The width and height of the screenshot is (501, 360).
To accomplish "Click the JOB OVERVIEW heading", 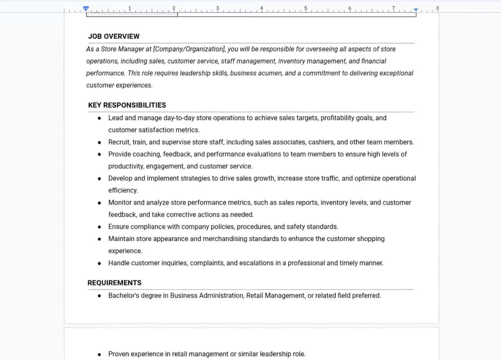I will pyautogui.click(x=114, y=36).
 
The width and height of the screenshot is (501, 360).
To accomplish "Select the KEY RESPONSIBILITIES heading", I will pyautogui.click(x=127, y=105).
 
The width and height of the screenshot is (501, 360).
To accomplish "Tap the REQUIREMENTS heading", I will pyautogui.click(x=114, y=283).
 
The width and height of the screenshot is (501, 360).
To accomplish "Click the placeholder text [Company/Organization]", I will pyautogui.click(x=189, y=49).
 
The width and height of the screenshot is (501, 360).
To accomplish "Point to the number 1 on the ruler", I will pyautogui.click(x=130, y=8).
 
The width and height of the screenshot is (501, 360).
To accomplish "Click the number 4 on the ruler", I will pyautogui.click(x=261, y=8).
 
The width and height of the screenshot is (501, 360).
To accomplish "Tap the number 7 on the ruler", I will pyautogui.click(x=393, y=8).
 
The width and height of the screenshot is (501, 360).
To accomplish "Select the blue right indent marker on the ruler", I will pyautogui.click(x=416, y=9).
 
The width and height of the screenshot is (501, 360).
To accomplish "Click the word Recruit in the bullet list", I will pyautogui.click(x=119, y=142).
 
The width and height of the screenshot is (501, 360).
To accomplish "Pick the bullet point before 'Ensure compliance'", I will pyautogui.click(x=99, y=227).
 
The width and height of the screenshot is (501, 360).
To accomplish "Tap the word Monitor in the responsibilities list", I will pyautogui.click(x=120, y=203).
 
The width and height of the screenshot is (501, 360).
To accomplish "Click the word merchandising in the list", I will pyautogui.click(x=225, y=239).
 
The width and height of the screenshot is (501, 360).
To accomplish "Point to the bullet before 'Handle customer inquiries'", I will pyautogui.click(x=99, y=263).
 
